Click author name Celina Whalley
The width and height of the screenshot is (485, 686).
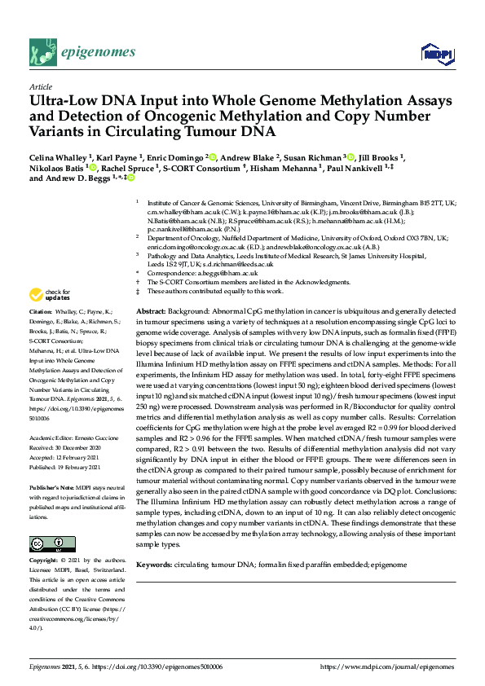(60, 156)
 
